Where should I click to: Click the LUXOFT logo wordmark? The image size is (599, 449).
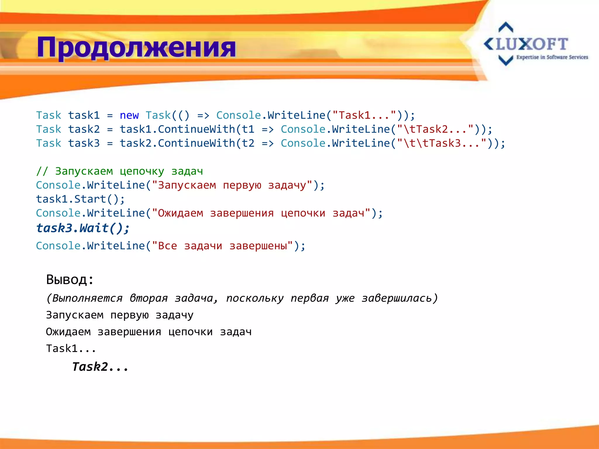(526, 44)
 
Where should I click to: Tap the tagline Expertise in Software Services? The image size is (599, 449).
(552, 57)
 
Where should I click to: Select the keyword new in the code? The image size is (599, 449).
(129, 115)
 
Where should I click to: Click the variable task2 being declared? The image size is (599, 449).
(84, 129)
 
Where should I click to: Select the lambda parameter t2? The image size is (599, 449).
(248, 143)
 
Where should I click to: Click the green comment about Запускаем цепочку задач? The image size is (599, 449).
(119, 171)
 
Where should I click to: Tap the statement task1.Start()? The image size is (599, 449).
(80, 199)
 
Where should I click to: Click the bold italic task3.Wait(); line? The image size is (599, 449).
(83, 228)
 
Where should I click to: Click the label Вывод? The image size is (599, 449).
(70, 280)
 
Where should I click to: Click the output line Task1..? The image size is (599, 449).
(71, 348)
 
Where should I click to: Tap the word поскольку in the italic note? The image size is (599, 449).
(255, 298)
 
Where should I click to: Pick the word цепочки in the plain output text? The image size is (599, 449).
(190, 332)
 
